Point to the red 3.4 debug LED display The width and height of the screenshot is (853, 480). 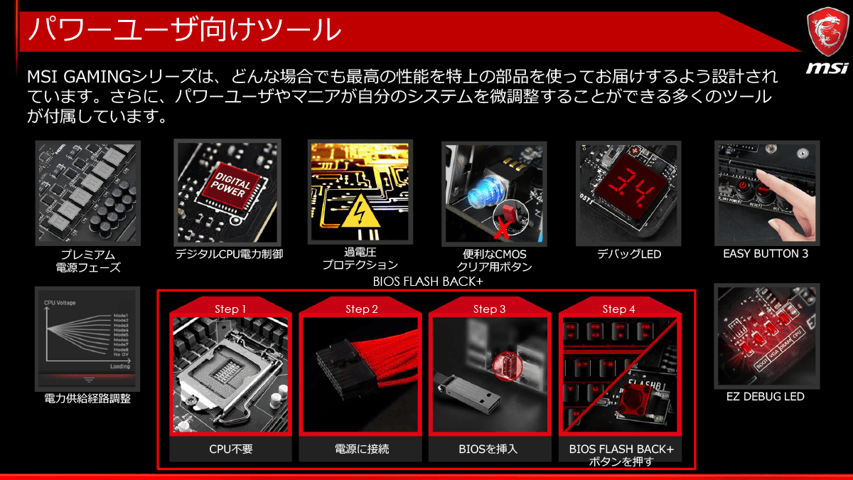(x=628, y=187)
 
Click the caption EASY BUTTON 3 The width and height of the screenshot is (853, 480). (x=766, y=254)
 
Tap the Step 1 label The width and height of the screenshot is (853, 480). (x=230, y=309)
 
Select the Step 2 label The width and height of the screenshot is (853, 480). (x=362, y=309)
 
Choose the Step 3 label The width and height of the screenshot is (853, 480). (x=490, y=309)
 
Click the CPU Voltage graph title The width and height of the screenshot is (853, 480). (x=60, y=303)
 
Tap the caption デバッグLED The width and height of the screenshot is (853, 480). (x=629, y=254)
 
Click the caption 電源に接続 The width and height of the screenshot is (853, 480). (x=362, y=449)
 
